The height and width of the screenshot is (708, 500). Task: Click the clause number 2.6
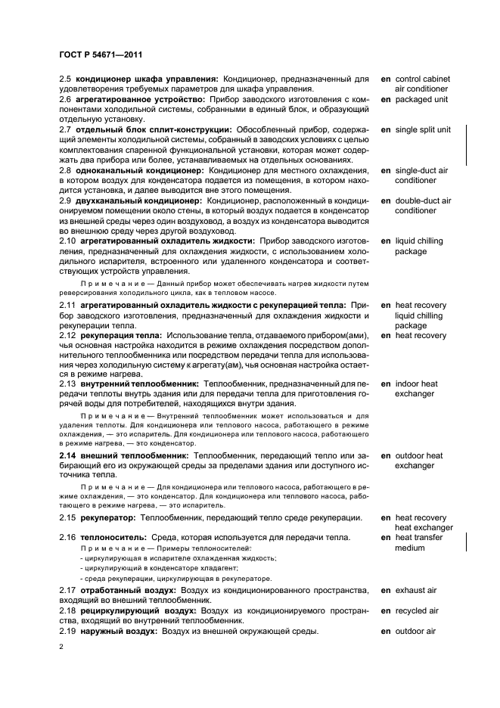(x=65, y=99)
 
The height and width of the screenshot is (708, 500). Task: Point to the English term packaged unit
(x=421, y=99)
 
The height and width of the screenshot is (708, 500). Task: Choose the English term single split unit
(x=423, y=130)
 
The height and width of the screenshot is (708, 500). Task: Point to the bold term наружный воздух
(x=116, y=632)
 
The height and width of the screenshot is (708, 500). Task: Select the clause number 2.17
(x=67, y=590)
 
